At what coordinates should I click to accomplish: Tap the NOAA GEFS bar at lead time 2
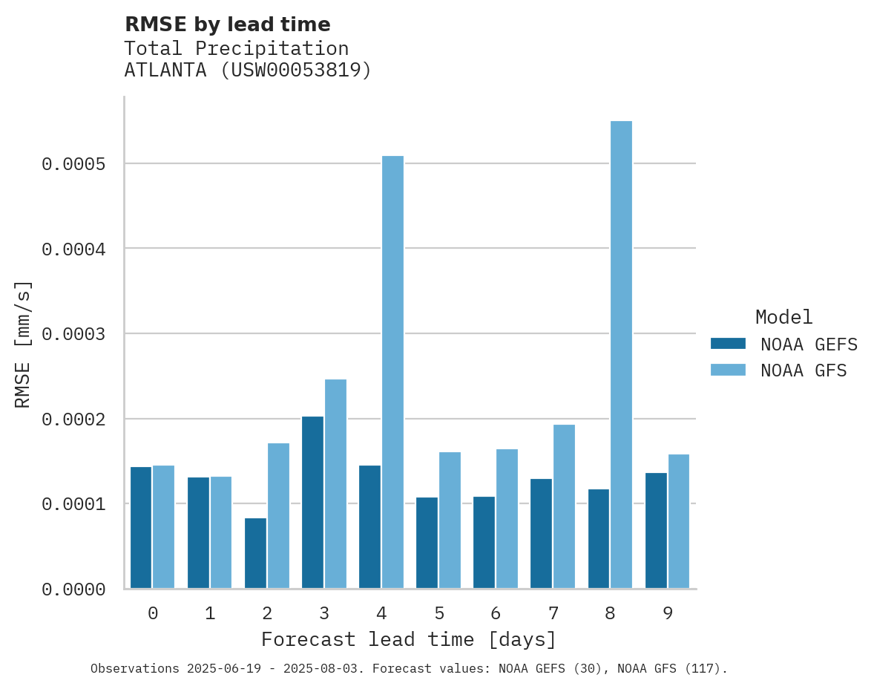(x=255, y=553)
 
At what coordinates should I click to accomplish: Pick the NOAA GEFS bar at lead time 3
(x=312, y=503)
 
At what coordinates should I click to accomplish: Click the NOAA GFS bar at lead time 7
(x=564, y=506)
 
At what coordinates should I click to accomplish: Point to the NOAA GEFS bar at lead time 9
(x=656, y=531)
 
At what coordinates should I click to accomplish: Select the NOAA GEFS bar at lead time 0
(x=141, y=528)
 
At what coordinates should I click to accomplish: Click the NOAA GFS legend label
(x=804, y=370)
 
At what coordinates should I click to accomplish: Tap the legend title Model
(x=783, y=318)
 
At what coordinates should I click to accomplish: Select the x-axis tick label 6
(x=496, y=613)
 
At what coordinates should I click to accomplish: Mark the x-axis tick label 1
(x=210, y=613)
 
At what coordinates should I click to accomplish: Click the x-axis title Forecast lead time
(x=408, y=639)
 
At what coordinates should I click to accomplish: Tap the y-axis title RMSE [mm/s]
(x=23, y=344)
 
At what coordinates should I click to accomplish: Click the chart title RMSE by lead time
(x=227, y=25)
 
